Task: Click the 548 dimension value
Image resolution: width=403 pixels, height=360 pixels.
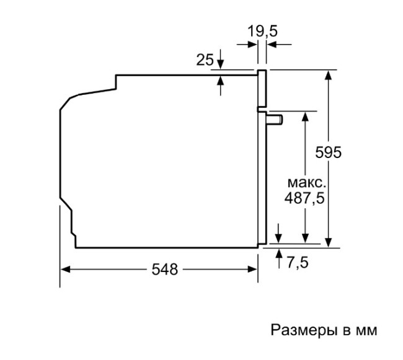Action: coord(164,270)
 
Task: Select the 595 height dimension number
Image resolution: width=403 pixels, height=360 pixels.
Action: coord(328,152)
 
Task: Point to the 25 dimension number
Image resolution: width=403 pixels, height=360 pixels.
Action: coord(205,60)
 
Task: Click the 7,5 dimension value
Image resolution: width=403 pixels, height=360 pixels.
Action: coord(298,263)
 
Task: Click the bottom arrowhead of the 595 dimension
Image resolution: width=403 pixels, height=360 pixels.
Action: coord(329,242)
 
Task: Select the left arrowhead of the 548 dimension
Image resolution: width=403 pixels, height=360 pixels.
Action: coord(66,270)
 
